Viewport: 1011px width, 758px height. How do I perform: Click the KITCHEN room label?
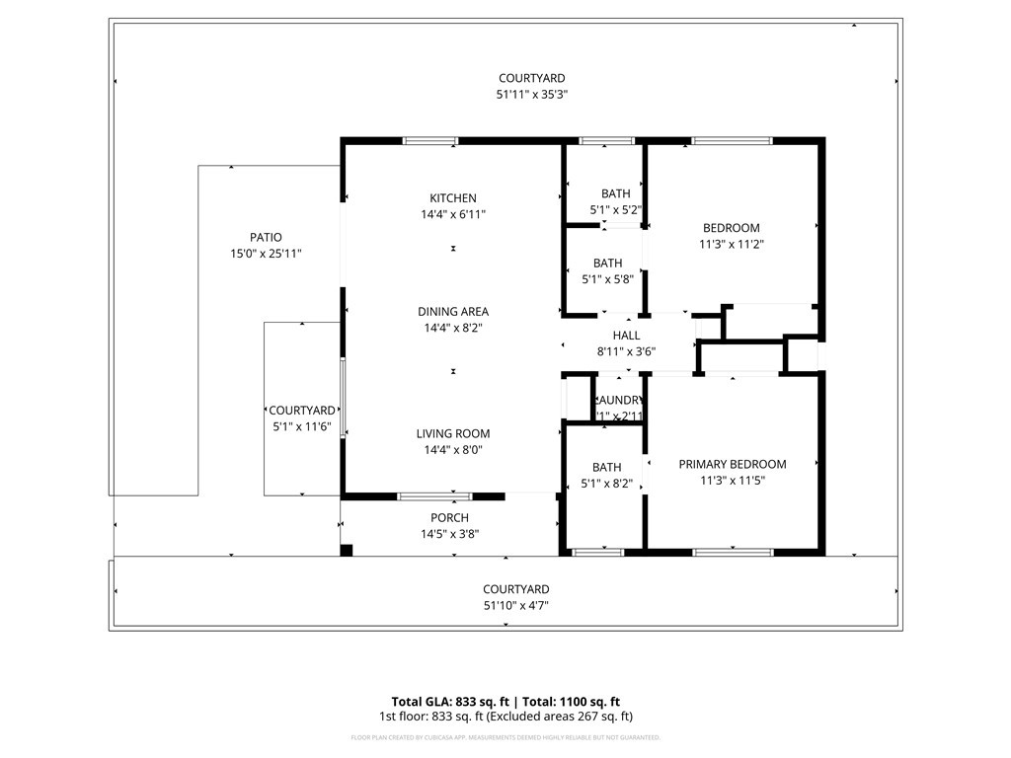click(x=452, y=198)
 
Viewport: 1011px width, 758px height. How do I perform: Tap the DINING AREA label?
click(x=452, y=312)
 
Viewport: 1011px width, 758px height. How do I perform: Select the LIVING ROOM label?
click(x=452, y=434)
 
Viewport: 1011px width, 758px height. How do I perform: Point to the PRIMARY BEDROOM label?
click(x=732, y=465)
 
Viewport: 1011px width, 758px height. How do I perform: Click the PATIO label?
click(x=265, y=238)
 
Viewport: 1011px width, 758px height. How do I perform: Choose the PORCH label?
click(x=449, y=518)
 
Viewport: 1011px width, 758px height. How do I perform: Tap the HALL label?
click(x=626, y=336)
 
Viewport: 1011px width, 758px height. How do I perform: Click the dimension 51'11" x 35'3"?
click(x=531, y=95)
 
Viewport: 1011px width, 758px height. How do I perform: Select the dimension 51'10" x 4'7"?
click(x=515, y=606)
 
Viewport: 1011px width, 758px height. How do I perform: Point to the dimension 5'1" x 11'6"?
click(x=301, y=426)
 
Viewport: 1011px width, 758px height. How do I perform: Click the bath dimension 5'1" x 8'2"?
click(x=607, y=484)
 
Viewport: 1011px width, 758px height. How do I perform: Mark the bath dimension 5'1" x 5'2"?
click(x=615, y=209)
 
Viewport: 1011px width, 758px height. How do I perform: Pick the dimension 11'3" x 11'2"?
click(x=731, y=244)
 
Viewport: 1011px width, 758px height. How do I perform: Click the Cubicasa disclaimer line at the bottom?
click(x=505, y=737)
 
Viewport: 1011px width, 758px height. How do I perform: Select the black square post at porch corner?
click(x=346, y=550)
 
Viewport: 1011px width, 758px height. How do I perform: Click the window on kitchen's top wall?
click(x=429, y=141)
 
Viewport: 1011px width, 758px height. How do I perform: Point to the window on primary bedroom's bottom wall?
click(x=732, y=551)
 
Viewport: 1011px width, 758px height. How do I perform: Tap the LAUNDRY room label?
click(x=620, y=401)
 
